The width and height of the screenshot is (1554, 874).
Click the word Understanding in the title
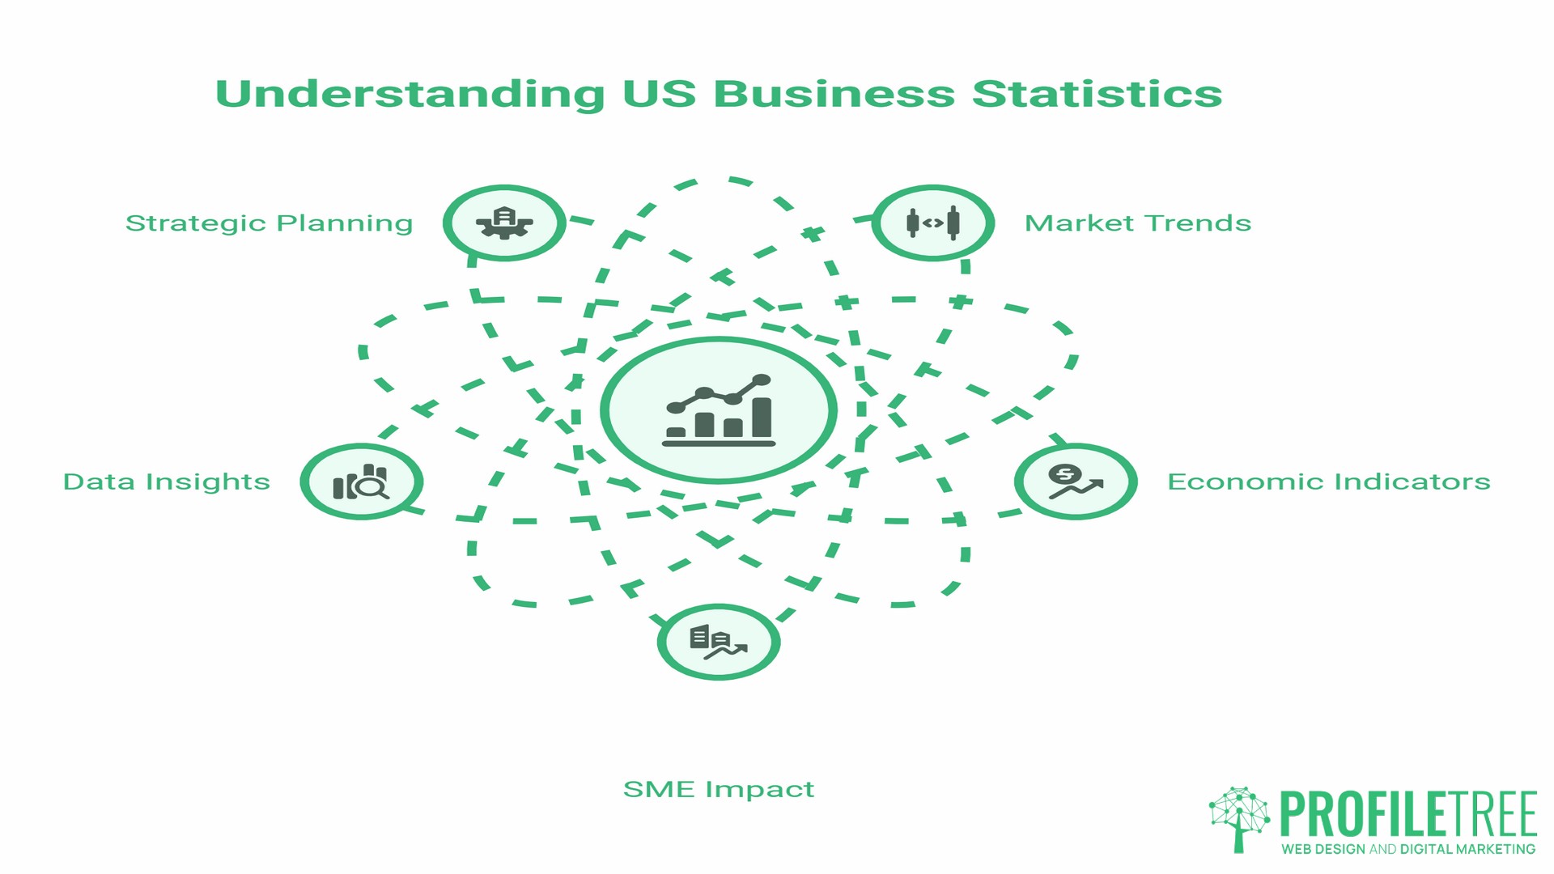tap(410, 94)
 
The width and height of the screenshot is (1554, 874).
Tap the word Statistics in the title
tap(1097, 94)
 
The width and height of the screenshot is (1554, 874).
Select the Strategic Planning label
tap(269, 223)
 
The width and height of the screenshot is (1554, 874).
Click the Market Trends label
tap(1137, 223)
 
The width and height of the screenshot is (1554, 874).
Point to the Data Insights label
tap(166, 482)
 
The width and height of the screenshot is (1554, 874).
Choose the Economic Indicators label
tap(1328, 482)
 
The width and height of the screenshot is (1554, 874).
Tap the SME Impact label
tap(718, 789)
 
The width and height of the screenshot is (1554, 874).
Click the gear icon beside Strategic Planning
tap(504, 223)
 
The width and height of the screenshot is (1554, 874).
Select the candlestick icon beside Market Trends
tap(932, 223)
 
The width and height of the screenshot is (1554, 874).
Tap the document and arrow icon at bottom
tap(718, 643)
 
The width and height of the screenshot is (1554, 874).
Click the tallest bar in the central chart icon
tap(762, 417)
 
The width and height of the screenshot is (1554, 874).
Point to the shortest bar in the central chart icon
tap(676, 432)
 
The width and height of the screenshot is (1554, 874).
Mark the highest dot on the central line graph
tap(762, 380)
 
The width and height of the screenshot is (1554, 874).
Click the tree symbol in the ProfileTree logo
tap(1239, 817)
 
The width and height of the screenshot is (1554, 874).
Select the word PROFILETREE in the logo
tap(1408, 814)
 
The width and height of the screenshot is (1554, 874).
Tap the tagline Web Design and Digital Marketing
tap(1408, 849)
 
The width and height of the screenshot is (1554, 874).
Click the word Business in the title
tap(834, 94)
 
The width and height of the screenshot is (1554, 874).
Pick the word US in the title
tap(659, 94)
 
